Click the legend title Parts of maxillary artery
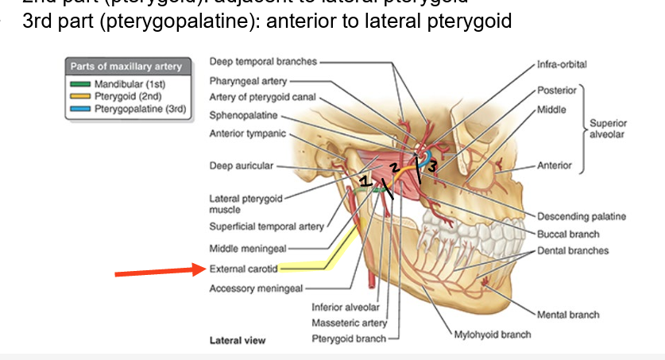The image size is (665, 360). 126,67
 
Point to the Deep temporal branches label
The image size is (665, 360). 263,61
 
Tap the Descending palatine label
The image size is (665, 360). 581,216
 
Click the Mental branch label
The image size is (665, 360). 568,315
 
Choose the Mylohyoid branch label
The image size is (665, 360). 492,334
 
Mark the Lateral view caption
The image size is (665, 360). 237,340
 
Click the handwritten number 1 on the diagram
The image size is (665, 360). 364,182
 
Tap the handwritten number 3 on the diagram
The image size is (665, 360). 432,167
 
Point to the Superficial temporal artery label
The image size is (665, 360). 266,226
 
